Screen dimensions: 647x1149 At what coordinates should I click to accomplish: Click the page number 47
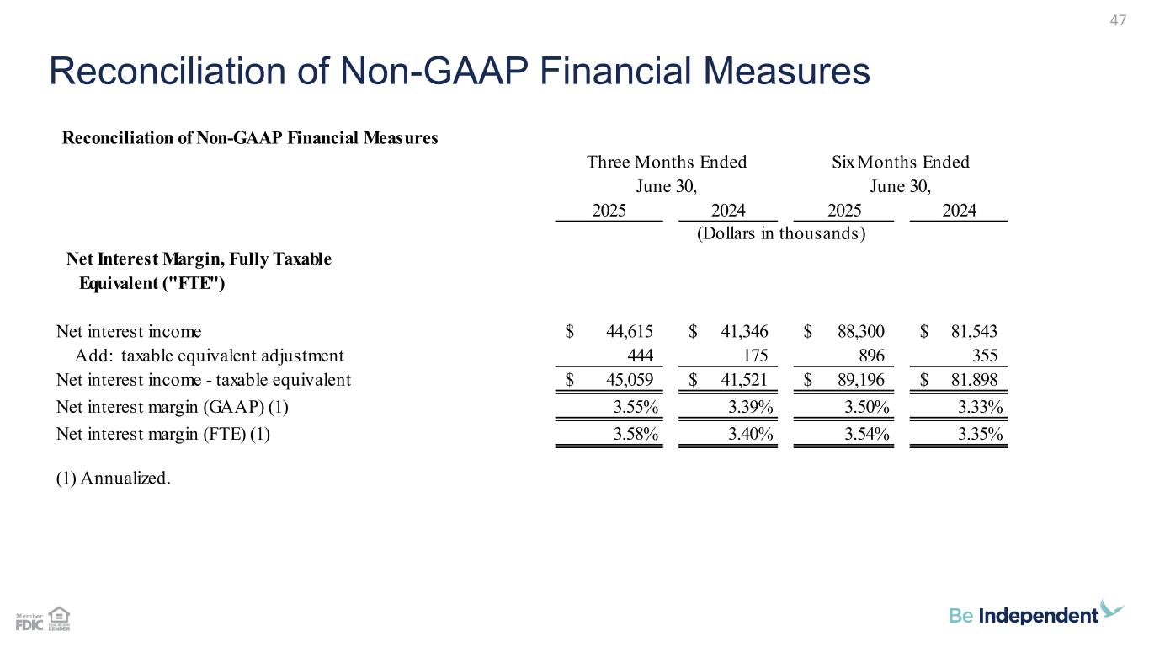point(1118,21)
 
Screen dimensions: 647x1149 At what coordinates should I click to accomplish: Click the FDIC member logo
point(29,622)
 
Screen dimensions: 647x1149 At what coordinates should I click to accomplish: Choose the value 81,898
point(974,380)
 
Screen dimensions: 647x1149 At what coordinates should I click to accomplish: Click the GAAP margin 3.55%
point(636,409)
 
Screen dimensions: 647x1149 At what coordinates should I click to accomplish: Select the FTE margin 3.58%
point(636,435)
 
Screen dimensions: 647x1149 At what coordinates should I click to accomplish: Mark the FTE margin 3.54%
point(864,435)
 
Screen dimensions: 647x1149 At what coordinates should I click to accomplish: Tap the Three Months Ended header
point(666,162)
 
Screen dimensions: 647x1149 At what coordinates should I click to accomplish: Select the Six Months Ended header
point(900,162)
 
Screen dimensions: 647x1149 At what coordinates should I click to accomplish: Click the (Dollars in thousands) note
point(781,233)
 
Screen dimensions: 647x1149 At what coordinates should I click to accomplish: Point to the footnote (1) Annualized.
point(113,479)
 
